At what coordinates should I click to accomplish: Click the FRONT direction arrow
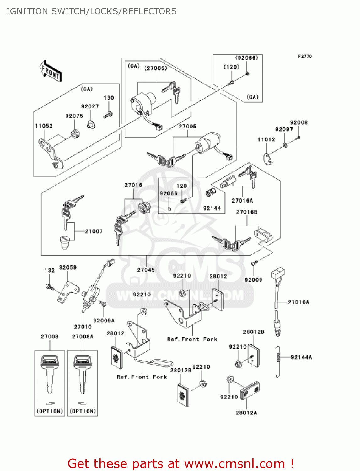51,71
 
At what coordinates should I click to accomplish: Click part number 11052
44,126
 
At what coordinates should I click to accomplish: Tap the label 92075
74,116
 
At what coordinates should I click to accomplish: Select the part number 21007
94,231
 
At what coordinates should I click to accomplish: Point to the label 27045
146,270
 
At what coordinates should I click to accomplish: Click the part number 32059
68,268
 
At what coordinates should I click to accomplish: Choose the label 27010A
298,302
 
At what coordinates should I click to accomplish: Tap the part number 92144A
301,357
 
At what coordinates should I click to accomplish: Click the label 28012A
246,413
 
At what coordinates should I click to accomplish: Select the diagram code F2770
305,56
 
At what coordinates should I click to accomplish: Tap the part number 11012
266,139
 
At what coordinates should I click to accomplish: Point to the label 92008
299,122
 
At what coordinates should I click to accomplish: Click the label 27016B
247,212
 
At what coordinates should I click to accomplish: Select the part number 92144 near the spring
212,208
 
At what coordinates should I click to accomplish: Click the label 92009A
104,321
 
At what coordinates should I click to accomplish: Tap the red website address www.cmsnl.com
234,464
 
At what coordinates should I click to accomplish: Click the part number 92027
90,106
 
